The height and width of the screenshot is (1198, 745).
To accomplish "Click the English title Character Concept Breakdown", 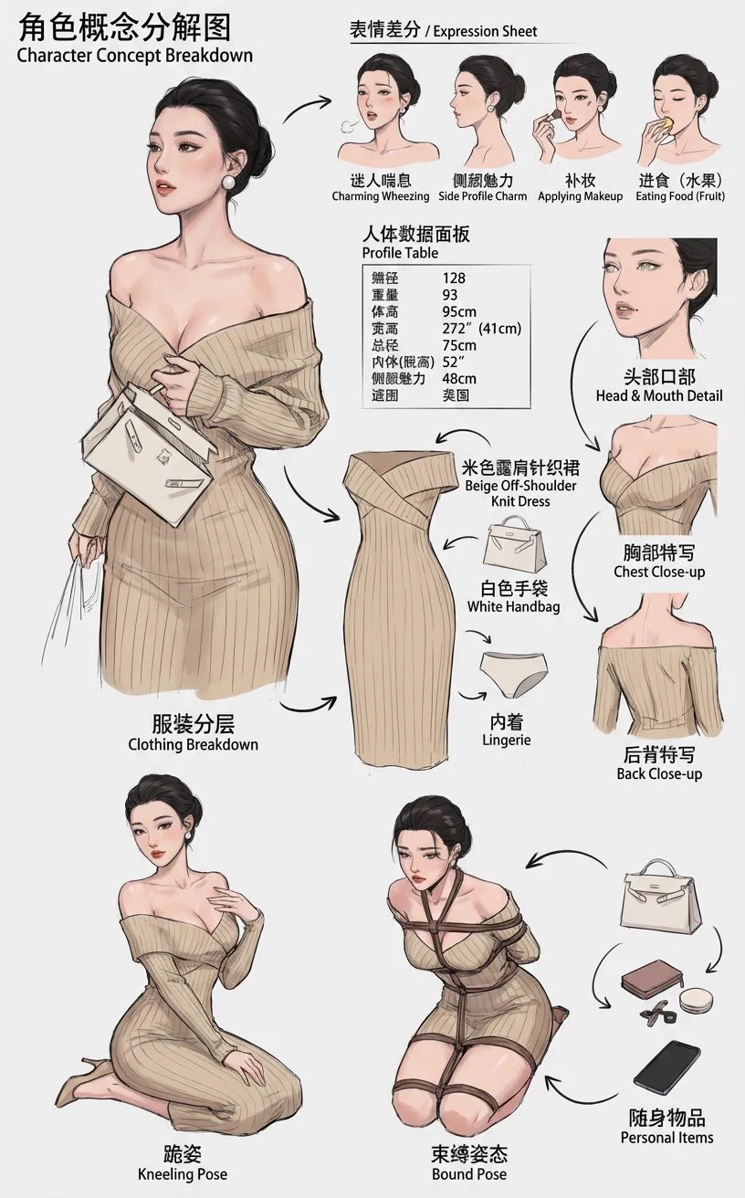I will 134,55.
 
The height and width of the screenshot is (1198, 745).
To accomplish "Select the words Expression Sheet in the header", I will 485,31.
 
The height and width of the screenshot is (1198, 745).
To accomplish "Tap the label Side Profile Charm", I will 483,196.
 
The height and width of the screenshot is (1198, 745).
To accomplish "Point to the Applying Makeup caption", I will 580,196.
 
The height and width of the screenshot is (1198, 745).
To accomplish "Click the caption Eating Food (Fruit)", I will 680,196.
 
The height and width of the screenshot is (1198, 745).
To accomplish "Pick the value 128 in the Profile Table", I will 455,278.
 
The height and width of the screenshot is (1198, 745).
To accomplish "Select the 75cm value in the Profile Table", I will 459,345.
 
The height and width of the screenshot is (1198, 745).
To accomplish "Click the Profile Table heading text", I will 400,253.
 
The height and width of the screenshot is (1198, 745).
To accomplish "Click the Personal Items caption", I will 666,1138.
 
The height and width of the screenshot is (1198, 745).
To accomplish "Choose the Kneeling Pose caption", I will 182,1173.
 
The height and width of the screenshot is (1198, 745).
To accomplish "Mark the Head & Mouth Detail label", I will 658,395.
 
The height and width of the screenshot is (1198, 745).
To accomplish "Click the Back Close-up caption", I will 659,773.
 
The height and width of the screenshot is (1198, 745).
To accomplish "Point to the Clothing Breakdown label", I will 193,744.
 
